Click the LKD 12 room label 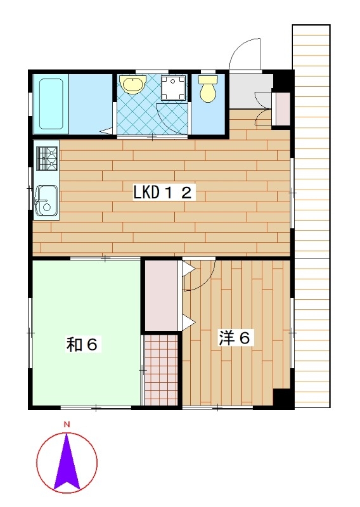tap(164, 193)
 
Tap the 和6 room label tap(82, 345)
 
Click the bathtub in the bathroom tap(51, 104)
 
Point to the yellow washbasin tap(132, 84)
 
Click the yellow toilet tap(208, 88)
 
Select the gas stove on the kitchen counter tap(47, 158)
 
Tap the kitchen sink tap(46, 200)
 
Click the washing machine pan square tap(174, 87)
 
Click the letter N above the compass tap(67, 425)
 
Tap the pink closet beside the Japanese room tap(161, 295)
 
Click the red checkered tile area tap(161, 370)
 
